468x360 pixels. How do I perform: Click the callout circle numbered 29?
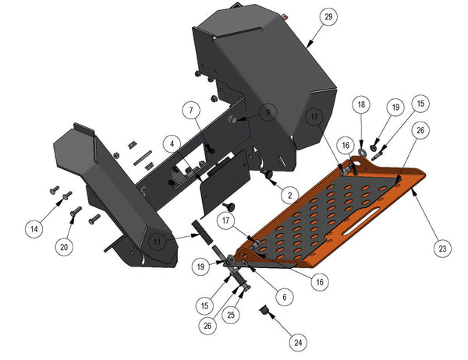pos(328,16)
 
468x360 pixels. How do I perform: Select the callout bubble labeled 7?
pos(191,111)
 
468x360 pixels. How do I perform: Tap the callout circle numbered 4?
pos(172,144)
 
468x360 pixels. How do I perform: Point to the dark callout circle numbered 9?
pos(268,112)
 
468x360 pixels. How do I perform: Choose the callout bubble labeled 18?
pos(361,104)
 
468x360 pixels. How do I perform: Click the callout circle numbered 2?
pos(290,196)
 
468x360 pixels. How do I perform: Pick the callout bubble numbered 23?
pos(442,249)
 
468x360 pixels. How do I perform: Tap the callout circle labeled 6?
pos(285,297)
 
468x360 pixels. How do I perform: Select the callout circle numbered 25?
pos(231,315)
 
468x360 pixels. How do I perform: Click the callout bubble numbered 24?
pos(298,343)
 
